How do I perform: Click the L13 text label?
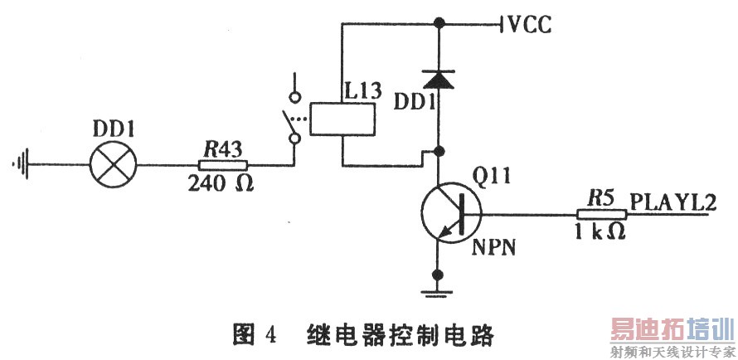click(x=363, y=90)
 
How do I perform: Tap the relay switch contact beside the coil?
click(x=292, y=119)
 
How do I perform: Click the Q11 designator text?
click(x=489, y=176)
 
